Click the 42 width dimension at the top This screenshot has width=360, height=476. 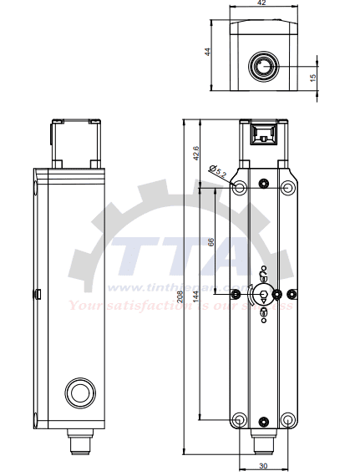click(262, 4)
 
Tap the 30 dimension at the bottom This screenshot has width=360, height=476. click(263, 466)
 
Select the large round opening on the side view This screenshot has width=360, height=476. click(79, 391)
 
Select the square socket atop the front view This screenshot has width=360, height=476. click(264, 134)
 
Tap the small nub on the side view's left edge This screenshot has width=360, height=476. click(39, 293)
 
